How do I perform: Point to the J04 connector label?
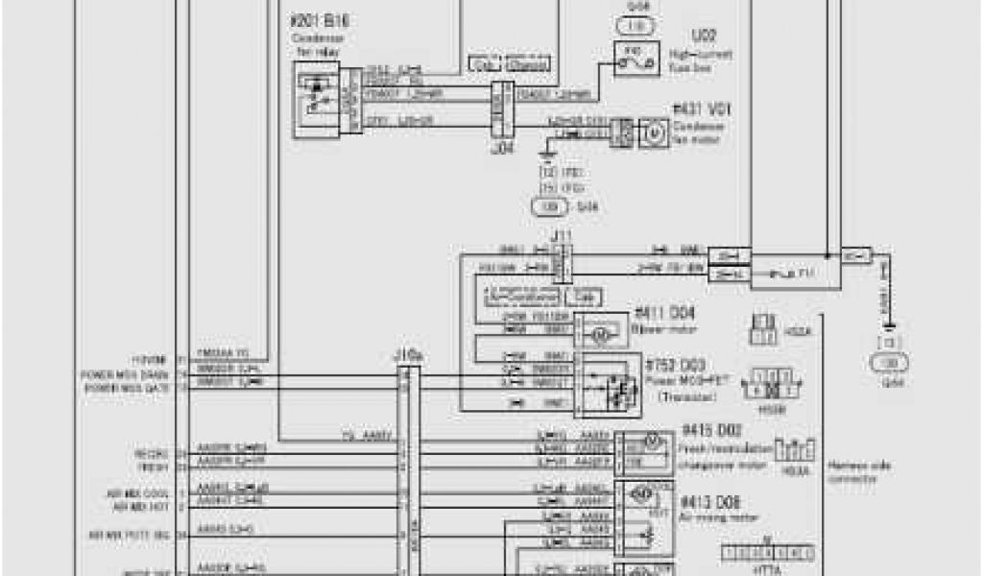click(x=498, y=148)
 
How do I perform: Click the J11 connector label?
click(x=562, y=233)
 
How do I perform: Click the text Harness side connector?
click(x=851, y=470)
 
